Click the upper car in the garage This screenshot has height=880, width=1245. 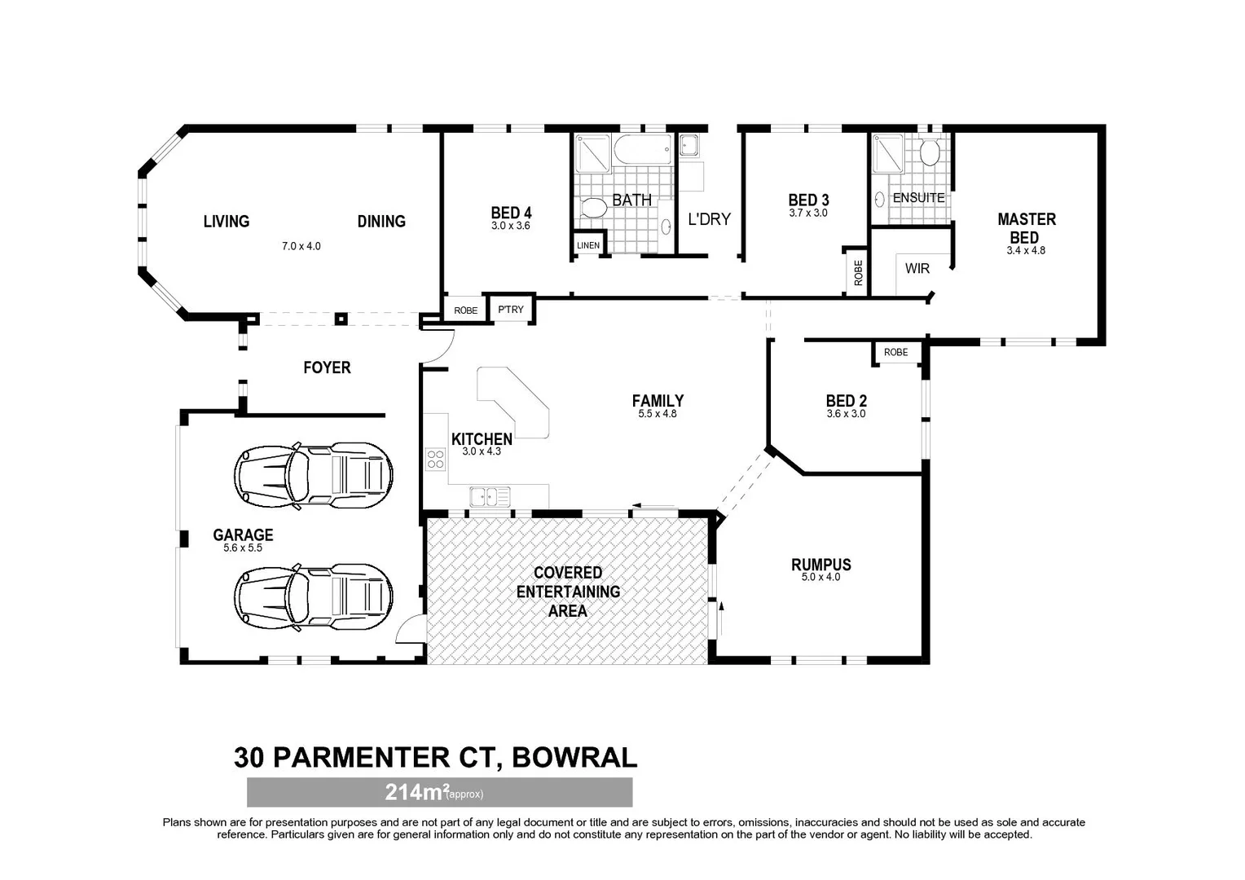314,476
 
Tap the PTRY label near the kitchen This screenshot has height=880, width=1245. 511,310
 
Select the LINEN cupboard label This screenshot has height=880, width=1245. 587,245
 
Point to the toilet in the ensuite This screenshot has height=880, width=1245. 930,152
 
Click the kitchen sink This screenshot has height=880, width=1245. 489,495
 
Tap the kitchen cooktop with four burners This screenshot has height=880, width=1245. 435,460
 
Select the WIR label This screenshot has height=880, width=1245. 917,268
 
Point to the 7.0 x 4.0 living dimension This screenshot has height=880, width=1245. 301,246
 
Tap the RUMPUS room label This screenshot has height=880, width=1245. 820,565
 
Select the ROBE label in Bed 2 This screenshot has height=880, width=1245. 895,352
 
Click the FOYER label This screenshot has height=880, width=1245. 327,367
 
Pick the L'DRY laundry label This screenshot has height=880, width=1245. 709,218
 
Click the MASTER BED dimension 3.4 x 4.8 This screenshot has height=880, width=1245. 1025,251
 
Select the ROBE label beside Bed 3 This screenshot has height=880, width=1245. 858,272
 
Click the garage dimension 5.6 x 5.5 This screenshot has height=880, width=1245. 243,548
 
